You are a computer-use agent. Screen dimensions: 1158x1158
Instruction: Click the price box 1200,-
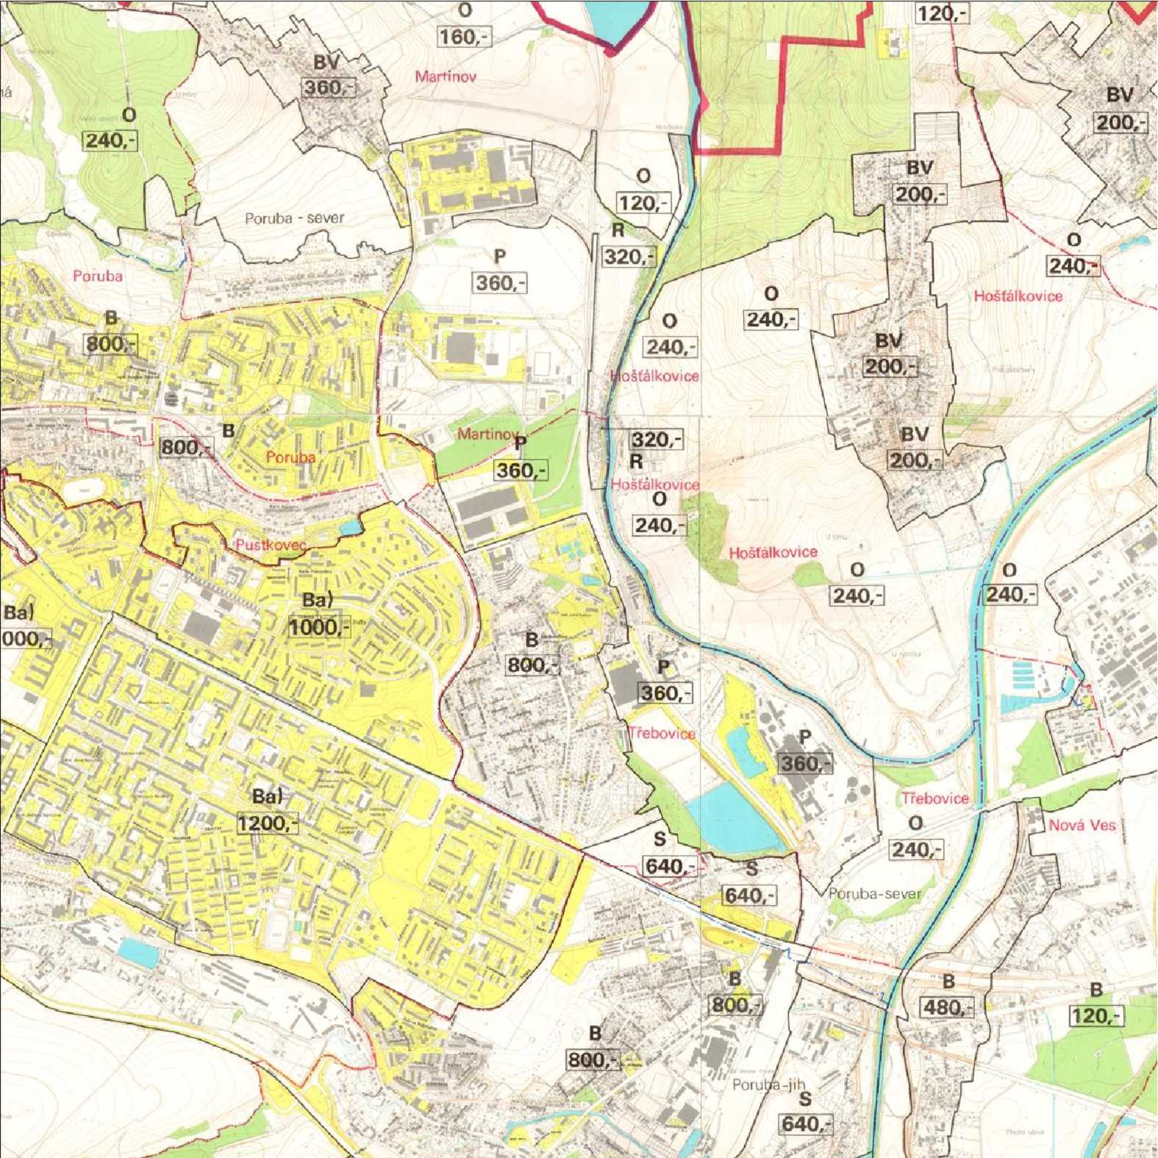coord(268,823)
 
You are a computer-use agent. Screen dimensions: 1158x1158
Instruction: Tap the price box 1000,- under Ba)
coord(318,627)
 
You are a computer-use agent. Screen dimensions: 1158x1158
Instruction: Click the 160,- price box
coord(464,36)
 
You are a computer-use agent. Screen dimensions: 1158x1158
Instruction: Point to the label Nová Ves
coord(1082,825)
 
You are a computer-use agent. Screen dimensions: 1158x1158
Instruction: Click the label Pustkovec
coord(271,545)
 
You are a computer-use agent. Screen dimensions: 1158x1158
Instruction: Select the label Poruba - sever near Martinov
coord(294,218)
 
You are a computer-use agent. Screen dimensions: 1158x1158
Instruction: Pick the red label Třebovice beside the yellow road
coord(662,733)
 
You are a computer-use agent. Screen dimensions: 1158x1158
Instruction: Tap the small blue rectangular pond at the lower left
coord(138,953)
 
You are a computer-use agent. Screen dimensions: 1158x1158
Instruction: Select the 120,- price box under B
coord(1096,1015)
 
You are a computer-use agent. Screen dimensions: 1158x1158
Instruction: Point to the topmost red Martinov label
coord(445,76)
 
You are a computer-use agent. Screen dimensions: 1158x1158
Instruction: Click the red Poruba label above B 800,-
coord(98,276)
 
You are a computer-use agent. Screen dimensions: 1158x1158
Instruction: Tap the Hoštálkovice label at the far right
coord(1018,296)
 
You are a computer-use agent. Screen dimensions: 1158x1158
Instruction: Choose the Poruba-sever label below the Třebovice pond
coord(874,894)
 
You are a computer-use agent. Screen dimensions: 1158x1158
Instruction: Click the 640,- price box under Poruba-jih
coord(807,1123)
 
